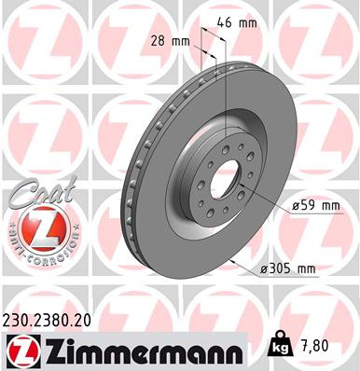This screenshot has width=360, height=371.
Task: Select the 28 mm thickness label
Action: coord(169,41)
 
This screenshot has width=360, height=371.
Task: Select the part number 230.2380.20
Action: coord(55,318)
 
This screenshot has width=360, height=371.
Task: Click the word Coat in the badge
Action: coord(35,194)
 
